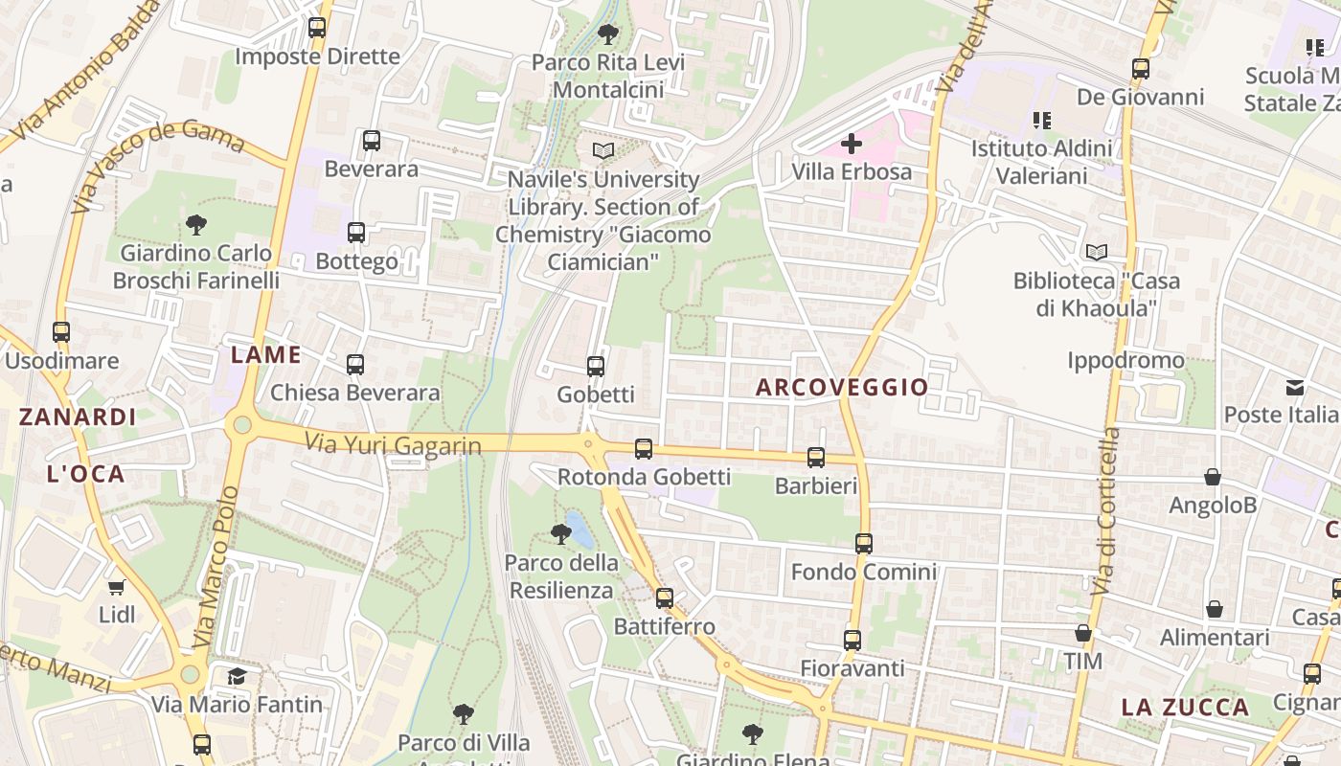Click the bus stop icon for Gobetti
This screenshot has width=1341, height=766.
tap(595, 366)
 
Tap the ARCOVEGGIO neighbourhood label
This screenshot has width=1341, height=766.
tap(842, 387)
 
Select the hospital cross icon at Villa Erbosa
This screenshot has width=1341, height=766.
tap(851, 145)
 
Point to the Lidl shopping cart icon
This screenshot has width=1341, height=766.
tap(117, 586)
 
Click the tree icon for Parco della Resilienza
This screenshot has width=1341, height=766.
tap(560, 533)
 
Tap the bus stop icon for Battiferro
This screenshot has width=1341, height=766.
tap(665, 598)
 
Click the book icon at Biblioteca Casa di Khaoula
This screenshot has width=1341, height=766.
tap(1097, 253)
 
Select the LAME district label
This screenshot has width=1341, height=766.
tap(266, 355)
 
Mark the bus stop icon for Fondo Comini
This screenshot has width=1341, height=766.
tap(864, 543)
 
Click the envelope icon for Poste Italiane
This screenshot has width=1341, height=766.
tap(1295, 388)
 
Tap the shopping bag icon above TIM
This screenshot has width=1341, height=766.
tap(1083, 633)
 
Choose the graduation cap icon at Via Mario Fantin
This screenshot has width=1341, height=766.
tap(237, 677)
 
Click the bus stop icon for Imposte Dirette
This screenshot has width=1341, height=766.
tap(317, 28)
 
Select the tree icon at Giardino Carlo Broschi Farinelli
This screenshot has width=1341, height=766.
tap(196, 225)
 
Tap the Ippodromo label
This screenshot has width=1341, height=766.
tap(1125, 361)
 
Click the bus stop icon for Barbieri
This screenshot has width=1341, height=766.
tap(816, 458)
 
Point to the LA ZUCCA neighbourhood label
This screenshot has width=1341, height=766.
tap(1185, 708)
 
